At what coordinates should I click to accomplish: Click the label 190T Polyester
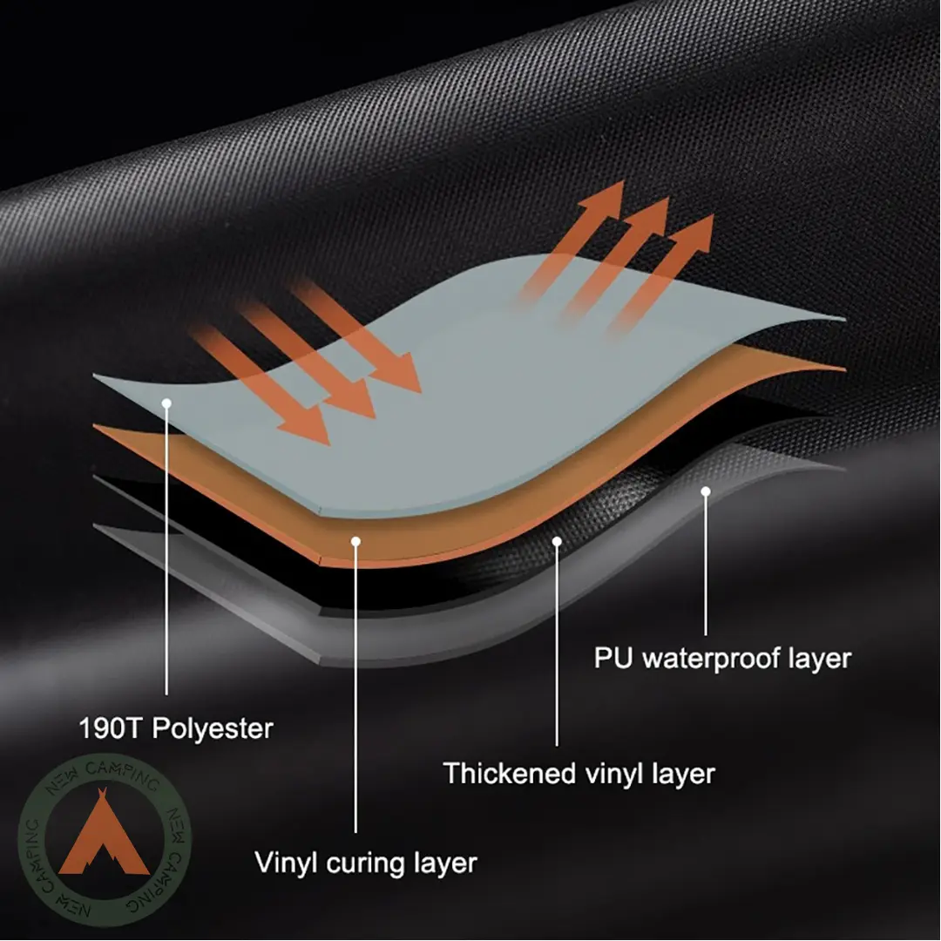pos(176,729)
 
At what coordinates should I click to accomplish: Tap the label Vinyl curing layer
pos(366,863)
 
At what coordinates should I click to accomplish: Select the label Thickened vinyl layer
pos(579,775)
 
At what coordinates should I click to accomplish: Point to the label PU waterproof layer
pos(722,659)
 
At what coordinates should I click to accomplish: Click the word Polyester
pos(213,729)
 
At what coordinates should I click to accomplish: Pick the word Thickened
pos(510,773)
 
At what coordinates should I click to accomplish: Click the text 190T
pos(112,728)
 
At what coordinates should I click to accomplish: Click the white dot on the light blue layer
pos(166,404)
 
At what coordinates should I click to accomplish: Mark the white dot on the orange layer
pos(355,542)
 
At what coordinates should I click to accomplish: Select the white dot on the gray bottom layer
pos(706,491)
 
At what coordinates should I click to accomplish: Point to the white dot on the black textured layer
pos(557,542)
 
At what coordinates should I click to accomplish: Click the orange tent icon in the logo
pos(103,834)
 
